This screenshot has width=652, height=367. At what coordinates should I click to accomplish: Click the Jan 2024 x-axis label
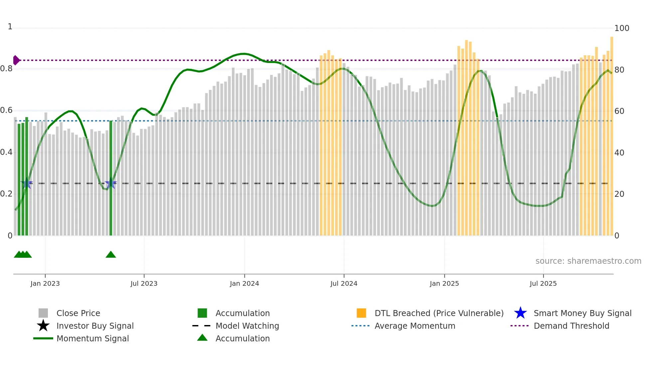coord(244,283)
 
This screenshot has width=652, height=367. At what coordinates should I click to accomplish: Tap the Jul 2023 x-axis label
coord(144,283)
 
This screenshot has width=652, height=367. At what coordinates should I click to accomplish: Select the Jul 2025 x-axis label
coord(543,283)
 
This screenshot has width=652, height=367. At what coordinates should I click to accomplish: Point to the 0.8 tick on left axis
coord(7,69)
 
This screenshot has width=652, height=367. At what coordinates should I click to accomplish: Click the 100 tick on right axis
coord(621,28)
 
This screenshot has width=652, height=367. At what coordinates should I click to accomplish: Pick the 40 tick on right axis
coord(619,153)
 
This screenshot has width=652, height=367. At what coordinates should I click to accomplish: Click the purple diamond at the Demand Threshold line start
coord(16,60)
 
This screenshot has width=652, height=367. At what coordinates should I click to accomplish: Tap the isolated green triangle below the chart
coord(111,255)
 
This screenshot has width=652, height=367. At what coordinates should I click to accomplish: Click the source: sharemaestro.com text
coord(588,261)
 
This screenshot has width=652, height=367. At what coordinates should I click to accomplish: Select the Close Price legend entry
coord(78,313)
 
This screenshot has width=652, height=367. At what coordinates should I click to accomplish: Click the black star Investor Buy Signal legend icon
coord(43,326)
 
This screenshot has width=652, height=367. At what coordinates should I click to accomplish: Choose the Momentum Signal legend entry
coord(92,339)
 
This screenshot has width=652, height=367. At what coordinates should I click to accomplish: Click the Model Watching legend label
coord(247,326)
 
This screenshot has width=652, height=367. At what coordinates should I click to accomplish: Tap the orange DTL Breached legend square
coord(361,313)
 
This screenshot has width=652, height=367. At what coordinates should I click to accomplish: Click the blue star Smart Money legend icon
coord(520,313)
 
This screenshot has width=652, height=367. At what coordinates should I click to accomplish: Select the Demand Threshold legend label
coord(571,326)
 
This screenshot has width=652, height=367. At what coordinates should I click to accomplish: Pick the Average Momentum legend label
coord(415,326)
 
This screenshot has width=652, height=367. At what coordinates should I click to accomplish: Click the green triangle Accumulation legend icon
coord(202,338)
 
